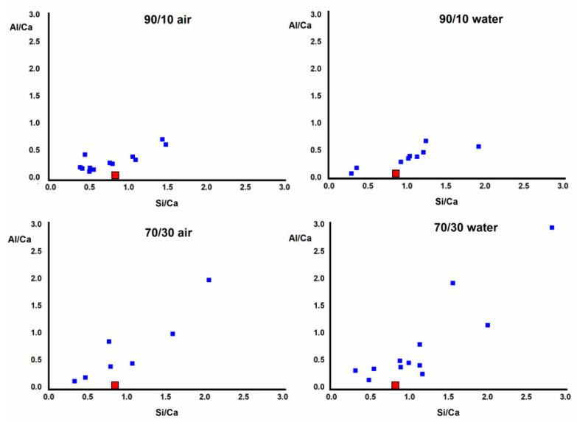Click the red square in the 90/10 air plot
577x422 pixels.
[115, 175]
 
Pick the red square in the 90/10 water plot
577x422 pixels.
[396, 174]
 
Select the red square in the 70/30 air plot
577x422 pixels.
[115, 385]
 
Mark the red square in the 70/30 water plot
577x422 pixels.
[395, 385]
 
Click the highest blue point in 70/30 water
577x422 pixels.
[551, 228]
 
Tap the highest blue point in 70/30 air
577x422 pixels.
[209, 280]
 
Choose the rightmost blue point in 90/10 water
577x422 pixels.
[478, 147]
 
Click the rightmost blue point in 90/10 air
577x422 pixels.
[166, 144]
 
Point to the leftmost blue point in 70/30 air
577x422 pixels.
[74, 381]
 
